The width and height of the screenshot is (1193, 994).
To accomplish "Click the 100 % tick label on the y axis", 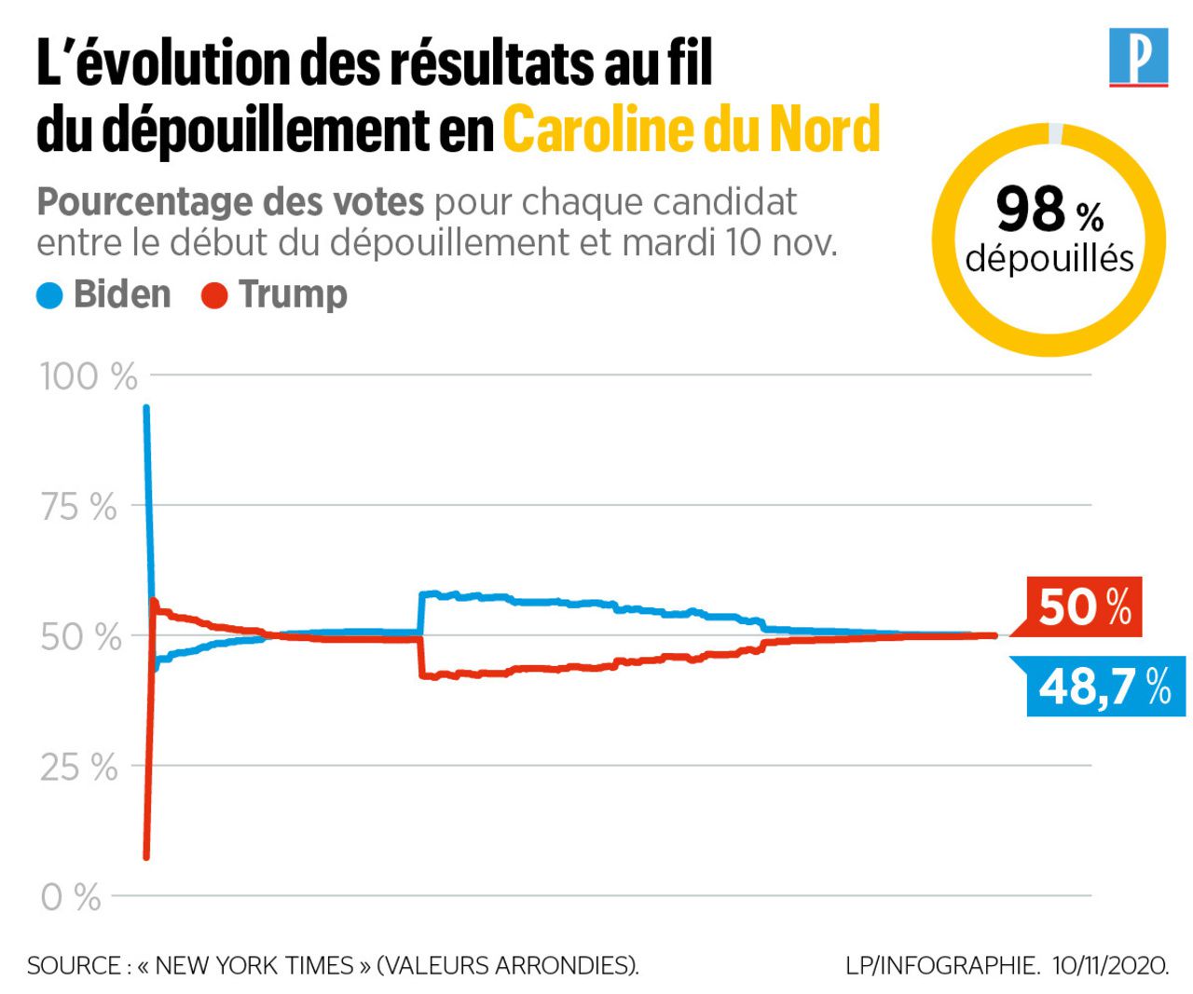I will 89,376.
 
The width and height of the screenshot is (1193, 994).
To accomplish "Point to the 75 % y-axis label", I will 79,507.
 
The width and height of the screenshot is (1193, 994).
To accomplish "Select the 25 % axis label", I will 79,768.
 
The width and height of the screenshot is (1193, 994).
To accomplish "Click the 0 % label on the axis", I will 71,897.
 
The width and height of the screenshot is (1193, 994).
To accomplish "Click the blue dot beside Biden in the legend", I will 49,296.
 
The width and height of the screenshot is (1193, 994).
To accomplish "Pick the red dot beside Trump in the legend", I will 214,296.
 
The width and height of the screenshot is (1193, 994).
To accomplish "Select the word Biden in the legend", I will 122,294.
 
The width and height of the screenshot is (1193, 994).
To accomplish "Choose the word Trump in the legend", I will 293,294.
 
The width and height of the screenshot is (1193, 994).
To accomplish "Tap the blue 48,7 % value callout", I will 1105,687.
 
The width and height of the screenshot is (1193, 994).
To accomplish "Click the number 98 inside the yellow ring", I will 1031,210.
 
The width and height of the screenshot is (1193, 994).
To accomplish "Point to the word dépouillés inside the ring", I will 1049,258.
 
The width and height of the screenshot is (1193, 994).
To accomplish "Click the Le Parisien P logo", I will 1138,58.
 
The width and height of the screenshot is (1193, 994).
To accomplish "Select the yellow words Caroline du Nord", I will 692,129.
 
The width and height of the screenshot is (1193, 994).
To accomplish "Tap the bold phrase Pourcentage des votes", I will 230,201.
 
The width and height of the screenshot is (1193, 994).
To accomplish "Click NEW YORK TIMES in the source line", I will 254,966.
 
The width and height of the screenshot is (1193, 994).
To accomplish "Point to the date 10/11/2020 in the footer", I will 1111,966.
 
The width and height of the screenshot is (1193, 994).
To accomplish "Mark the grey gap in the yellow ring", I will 1055,133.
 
